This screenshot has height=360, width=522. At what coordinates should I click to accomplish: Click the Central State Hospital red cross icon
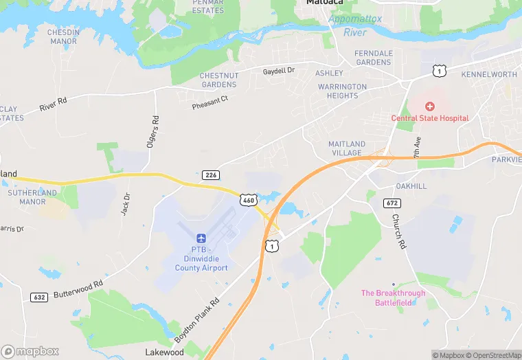tap(430, 106)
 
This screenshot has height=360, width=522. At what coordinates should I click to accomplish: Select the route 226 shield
tap(211, 175)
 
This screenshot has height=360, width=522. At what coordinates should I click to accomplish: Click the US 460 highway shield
tap(248, 199)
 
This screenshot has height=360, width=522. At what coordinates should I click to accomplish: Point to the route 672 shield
tap(392, 203)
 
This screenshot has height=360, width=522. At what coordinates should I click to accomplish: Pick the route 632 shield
tap(39, 297)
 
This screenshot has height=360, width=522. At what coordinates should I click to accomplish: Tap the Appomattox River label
tap(354, 25)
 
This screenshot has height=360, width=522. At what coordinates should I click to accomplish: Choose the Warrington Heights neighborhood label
tap(342, 91)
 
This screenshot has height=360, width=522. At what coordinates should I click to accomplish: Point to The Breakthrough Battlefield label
tap(393, 297)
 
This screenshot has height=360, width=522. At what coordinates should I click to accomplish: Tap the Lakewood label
tap(164, 352)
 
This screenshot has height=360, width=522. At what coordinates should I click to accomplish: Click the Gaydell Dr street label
tap(278, 71)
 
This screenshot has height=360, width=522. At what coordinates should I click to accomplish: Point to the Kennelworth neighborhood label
tap(489, 74)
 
